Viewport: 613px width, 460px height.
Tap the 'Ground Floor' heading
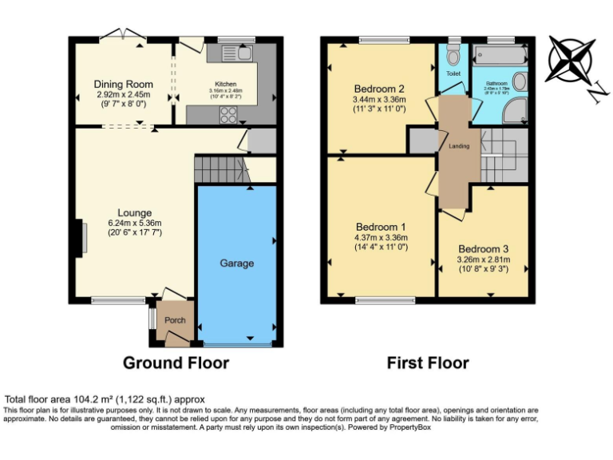[x=176, y=363]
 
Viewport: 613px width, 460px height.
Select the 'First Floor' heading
[x=428, y=363]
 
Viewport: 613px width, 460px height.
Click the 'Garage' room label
[x=237, y=263]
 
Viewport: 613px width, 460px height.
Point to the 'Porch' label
[x=175, y=320]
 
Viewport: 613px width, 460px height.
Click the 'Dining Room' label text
[x=123, y=84]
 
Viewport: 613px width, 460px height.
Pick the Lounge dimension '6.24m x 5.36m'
[x=135, y=223]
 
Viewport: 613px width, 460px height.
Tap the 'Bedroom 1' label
[x=380, y=227]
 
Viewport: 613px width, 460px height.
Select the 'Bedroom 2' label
[x=379, y=89]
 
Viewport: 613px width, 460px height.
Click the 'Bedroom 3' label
[x=483, y=248]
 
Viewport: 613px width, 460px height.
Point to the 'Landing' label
[x=459, y=146]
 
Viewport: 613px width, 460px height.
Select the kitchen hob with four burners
[x=228, y=113]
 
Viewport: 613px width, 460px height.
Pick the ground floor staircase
[x=217, y=169]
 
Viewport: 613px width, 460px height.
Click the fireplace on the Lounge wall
[x=81, y=238]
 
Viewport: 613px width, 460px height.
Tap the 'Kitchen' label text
[x=226, y=84]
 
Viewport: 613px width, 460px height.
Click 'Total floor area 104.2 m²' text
[x=105, y=399]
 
